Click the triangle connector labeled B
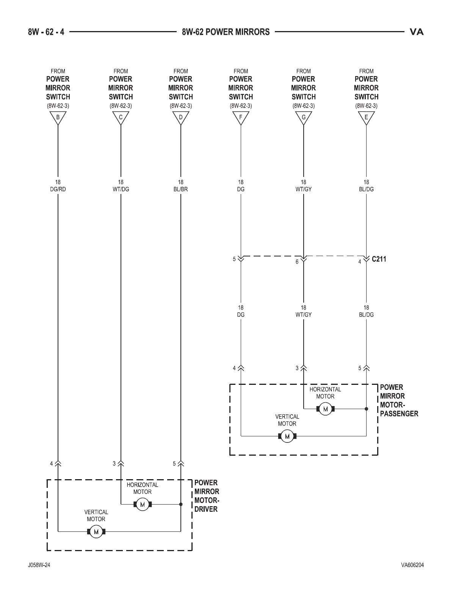(58, 118)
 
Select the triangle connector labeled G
(304, 118)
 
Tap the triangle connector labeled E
(366, 118)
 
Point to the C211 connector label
(379, 259)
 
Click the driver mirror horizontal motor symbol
(143, 504)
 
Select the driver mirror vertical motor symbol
(96, 531)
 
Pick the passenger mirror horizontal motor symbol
(325, 409)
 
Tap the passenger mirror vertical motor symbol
(287, 436)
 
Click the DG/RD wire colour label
(58, 189)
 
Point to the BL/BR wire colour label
(181, 189)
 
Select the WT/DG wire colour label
(121, 189)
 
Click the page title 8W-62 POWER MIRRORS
(226, 32)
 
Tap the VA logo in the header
(417, 32)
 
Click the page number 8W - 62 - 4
(46, 32)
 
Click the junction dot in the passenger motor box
(366, 409)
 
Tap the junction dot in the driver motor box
(181, 504)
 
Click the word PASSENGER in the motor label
(399, 414)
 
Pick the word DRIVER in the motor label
(206, 509)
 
